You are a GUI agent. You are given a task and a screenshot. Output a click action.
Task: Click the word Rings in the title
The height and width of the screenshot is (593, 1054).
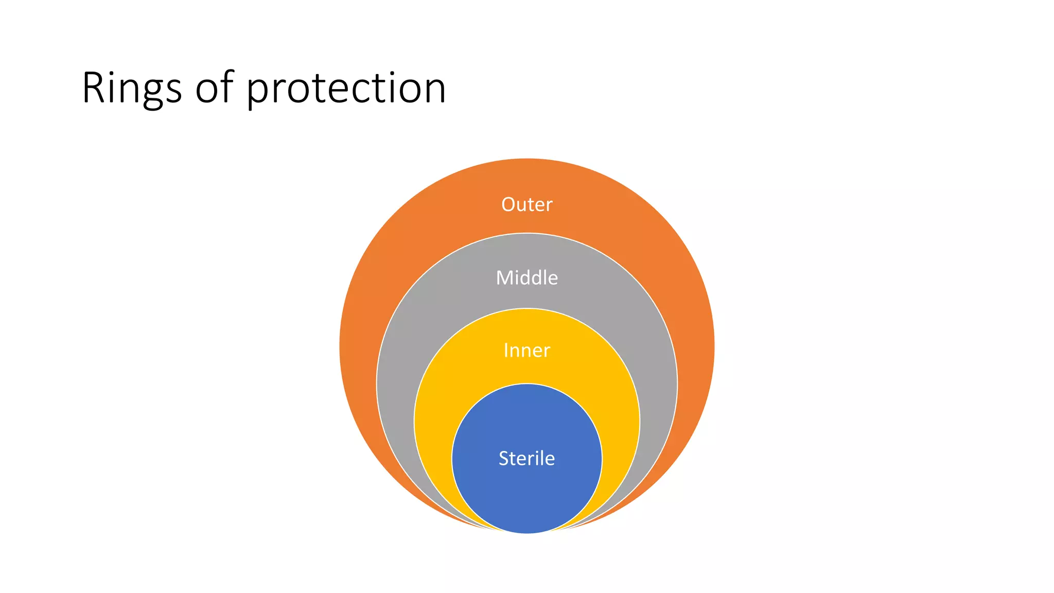pyautogui.click(x=132, y=88)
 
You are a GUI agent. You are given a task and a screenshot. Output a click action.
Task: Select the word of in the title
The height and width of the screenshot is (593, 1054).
pyautogui.click(x=214, y=88)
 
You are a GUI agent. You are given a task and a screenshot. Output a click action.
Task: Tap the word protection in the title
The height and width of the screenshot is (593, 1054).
pyautogui.click(x=346, y=89)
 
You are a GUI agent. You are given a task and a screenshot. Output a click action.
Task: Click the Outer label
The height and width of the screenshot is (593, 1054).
pyautogui.click(x=526, y=205)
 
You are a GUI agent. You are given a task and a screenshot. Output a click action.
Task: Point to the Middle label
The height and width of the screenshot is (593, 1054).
pyautogui.click(x=526, y=278)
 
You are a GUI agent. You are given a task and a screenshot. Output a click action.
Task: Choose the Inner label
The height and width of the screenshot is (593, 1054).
pyautogui.click(x=526, y=351)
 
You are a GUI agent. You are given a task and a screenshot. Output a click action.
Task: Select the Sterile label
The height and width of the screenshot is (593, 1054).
pyautogui.click(x=526, y=458)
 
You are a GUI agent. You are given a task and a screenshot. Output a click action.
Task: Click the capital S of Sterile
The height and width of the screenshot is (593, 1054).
pyautogui.click(x=504, y=458)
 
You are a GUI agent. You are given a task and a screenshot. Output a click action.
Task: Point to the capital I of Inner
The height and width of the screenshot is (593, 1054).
pyautogui.click(x=506, y=351)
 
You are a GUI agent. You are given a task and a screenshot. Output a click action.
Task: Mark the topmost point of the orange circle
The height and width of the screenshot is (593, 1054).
pyautogui.click(x=526, y=159)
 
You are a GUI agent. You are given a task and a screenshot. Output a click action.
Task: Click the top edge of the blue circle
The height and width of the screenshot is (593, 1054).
pyautogui.click(x=526, y=385)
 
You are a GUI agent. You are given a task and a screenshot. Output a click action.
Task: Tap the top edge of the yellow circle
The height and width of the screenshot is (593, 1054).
pyautogui.click(x=526, y=309)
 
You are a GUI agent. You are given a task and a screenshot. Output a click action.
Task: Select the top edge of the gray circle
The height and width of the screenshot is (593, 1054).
pyautogui.click(x=526, y=234)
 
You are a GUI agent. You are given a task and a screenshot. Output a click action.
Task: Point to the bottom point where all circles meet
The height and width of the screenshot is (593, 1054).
pyautogui.click(x=526, y=533)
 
